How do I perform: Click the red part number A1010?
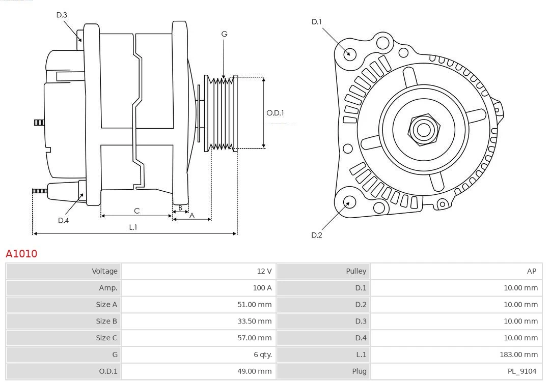pos(21,253)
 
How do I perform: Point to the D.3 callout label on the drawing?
pos(62,15)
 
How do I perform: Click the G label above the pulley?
pos(224,34)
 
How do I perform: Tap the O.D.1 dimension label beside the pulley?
pos(275,113)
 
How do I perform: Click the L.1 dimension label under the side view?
pos(133,227)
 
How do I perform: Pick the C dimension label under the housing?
pos(136,211)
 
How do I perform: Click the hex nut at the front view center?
pos(423,129)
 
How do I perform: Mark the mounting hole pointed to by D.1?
pos(350,53)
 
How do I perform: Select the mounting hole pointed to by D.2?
pos(349,202)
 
